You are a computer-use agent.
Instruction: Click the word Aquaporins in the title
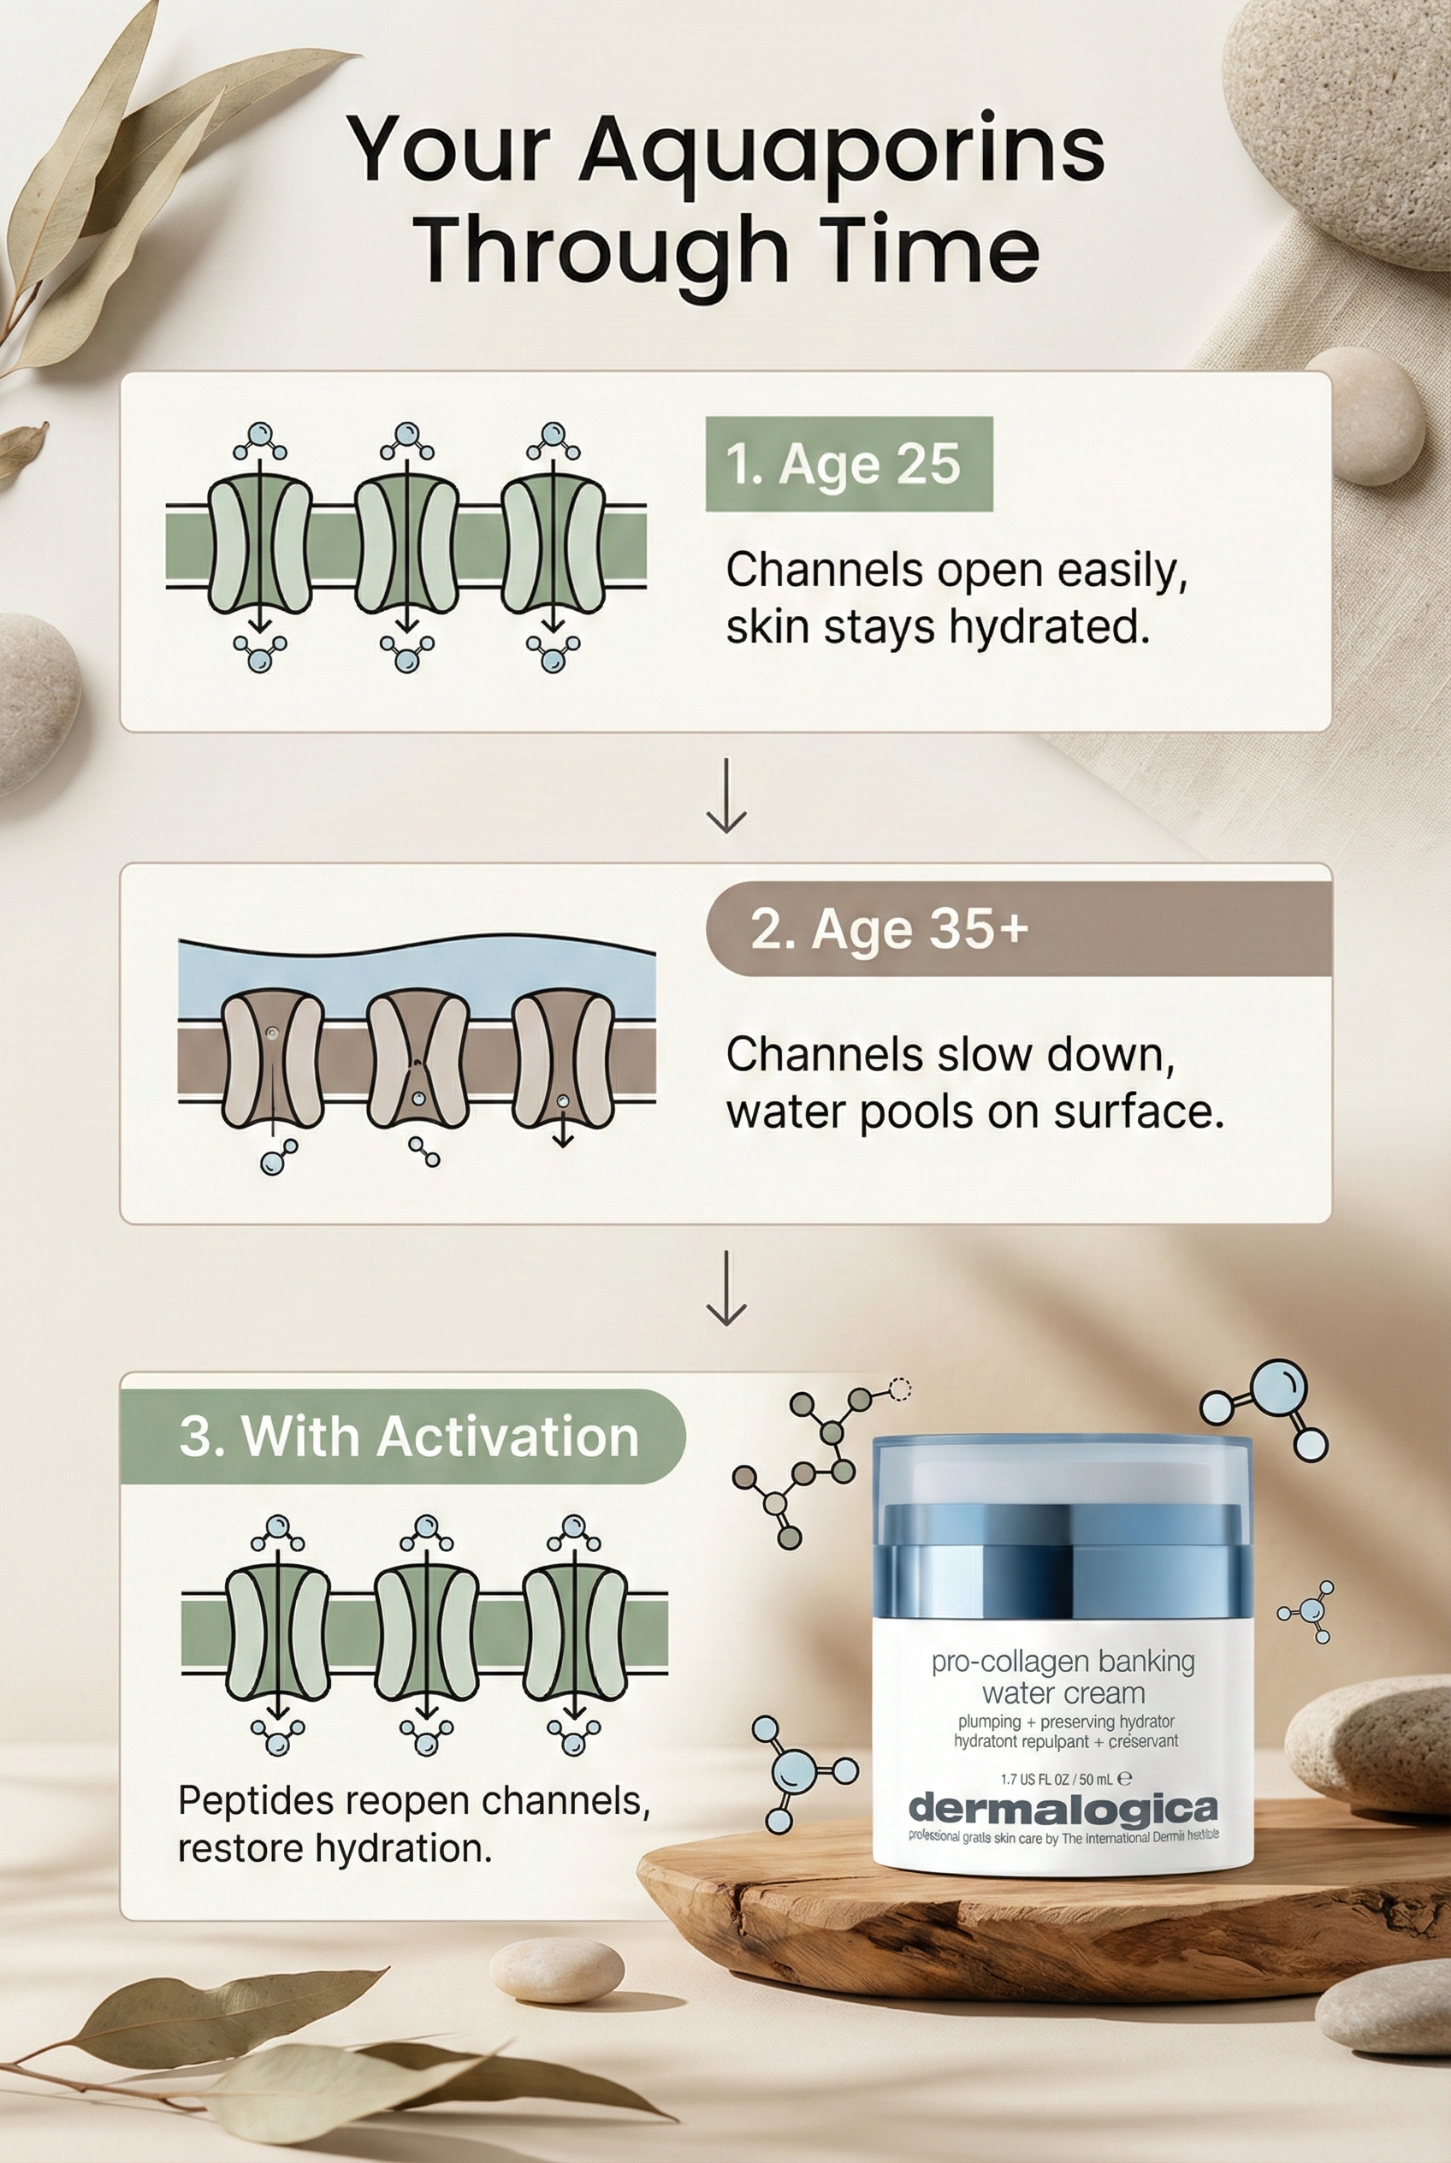841,151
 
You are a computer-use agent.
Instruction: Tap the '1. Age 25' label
848,464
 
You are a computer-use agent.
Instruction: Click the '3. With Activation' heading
408,1437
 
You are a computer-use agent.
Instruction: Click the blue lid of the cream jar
1062,1537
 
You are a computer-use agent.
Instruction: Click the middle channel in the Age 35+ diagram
418,1058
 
